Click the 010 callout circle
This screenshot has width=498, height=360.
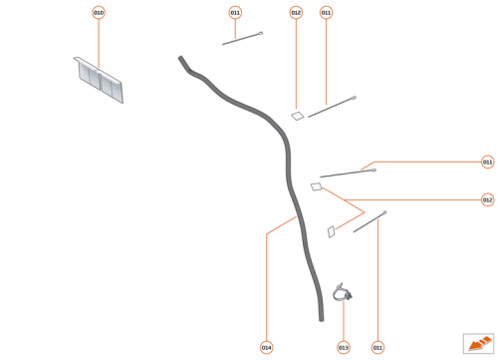click(x=99, y=13)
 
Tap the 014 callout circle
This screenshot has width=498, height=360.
click(x=266, y=347)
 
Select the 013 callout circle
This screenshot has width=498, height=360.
click(x=344, y=347)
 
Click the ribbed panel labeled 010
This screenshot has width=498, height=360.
click(x=100, y=80)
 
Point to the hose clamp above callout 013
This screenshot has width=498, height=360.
click(x=344, y=292)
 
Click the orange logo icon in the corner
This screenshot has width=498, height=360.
click(x=479, y=342)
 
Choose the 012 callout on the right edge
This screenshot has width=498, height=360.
click(x=487, y=199)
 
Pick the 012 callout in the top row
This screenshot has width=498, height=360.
click(x=296, y=13)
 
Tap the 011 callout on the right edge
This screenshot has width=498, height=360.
click(x=487, y=162)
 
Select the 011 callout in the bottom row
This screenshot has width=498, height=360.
click(x=377, y=347)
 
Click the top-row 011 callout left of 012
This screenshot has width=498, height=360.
click(x=263, y=13)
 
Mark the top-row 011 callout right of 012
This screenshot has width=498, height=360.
click(x=327, y=13)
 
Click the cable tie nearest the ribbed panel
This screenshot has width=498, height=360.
click(x=242, y=39)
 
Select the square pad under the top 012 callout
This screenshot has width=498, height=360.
click(x=297, y=116)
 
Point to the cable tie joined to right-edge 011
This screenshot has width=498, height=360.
click(x=348, y=174)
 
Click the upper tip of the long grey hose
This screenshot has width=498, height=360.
click(x=180, y=58)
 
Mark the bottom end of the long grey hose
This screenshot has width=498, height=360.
click(x=321, y=317)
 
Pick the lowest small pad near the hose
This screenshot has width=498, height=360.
click(x=331, y=231)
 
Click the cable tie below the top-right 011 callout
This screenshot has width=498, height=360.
click(x=332, y=107)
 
